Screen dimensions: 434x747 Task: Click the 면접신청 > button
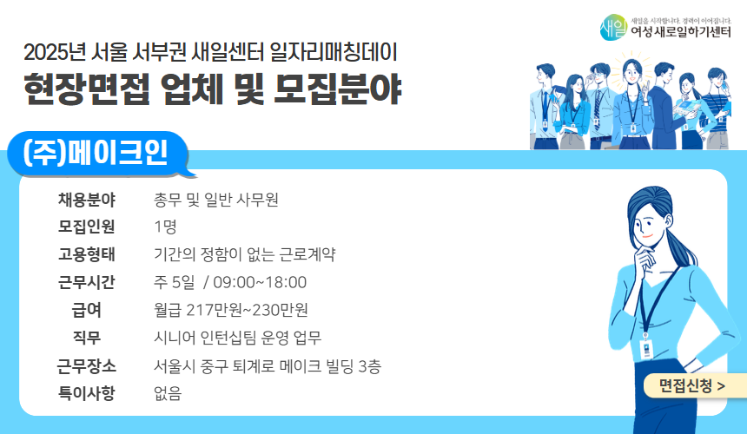pos(692,385)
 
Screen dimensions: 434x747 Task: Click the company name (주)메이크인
pos(97,155)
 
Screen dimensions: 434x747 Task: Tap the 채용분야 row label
pos(87,201)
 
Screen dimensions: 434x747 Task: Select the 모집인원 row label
pos(87,227)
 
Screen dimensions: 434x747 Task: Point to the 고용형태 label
pos(87,255)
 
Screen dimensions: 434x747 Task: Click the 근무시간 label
pos(87,282)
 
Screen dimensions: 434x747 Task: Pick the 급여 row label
pos(87,310)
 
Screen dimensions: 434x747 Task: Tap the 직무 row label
pos(87,338)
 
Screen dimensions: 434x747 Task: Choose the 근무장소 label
pos(87,365)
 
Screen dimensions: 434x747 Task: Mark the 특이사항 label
pos(87,393)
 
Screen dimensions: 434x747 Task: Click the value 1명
pos(165,227)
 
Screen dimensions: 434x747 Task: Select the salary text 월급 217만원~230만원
pos(230,310)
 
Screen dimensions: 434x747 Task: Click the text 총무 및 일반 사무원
pos(216,201)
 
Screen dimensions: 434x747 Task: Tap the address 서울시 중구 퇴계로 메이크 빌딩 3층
pos(267,365)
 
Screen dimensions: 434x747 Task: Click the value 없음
pos(168,393)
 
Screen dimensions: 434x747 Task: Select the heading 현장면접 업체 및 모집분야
pos(213,88)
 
